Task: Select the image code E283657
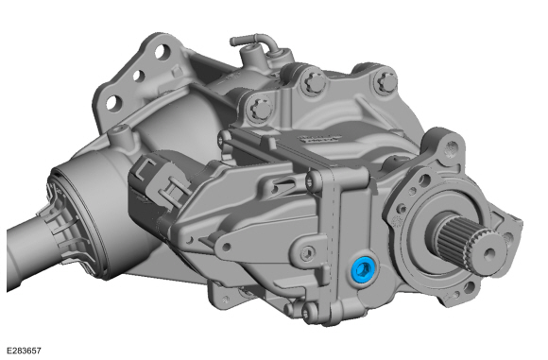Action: point(24,351)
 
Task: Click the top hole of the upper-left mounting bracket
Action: point(161,52)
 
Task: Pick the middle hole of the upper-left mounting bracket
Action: point(139,76)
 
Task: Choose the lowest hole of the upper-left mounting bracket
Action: point(113,103)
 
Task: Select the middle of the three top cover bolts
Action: point(315,84)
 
